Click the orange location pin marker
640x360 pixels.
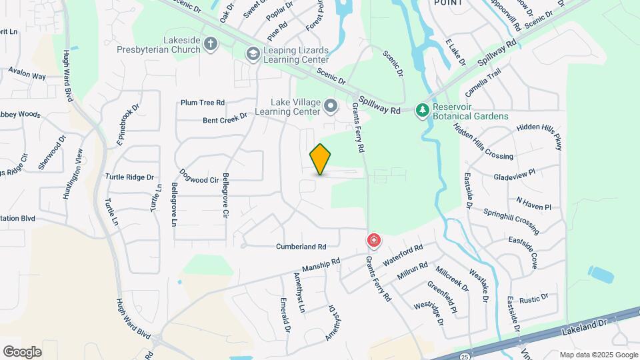coord(320,159)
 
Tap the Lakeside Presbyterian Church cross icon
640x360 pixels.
coord(211,45)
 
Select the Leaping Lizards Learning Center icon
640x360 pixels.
coord(253,53)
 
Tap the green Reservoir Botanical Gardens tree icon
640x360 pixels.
coord(421,110)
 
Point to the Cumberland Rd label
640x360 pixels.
coord(301,246)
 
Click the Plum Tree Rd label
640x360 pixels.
coord(203,103)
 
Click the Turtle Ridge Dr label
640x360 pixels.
coord(129,177)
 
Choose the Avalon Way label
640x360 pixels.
coord(27,75)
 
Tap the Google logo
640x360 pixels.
coord(22,351)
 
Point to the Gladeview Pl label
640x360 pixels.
coord(514,175)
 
